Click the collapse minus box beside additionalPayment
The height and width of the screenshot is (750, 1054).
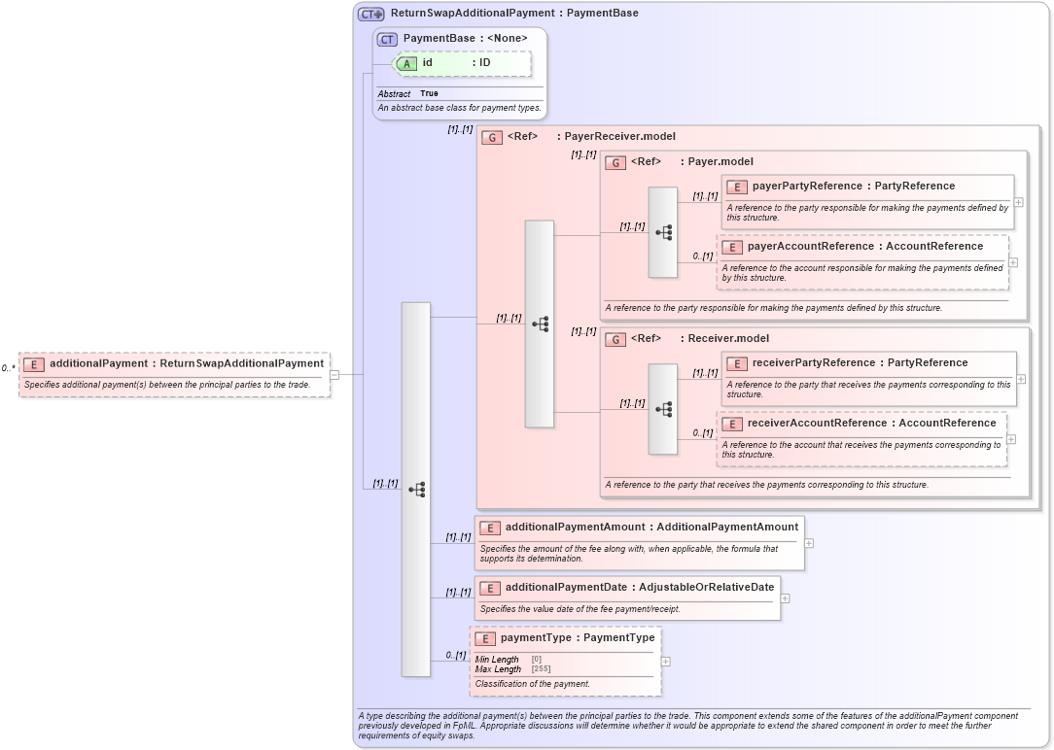click(334, 373)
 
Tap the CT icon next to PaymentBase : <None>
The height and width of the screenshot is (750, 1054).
click(387, 39)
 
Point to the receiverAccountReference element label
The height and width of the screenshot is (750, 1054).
click(871, 423)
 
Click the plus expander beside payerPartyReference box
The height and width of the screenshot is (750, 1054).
click(1018, 202)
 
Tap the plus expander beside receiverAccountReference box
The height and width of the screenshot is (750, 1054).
click(1011, 439)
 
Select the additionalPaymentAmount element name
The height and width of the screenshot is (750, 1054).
click(575, 527)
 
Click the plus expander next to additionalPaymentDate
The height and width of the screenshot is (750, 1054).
click(785, 598)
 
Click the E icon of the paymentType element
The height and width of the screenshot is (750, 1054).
click(485, 639)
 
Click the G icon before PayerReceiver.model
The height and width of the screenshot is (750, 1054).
click(492, 137)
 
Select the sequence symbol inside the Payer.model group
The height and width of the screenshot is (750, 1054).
click(663, 232)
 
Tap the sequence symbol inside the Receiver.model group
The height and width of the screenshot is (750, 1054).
click(663, 409)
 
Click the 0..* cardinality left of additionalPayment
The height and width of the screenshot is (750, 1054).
click(8, 368)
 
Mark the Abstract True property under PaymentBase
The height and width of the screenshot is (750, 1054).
click(408, 93)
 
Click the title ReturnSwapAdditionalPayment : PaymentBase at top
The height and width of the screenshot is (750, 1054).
click(514, 14)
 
